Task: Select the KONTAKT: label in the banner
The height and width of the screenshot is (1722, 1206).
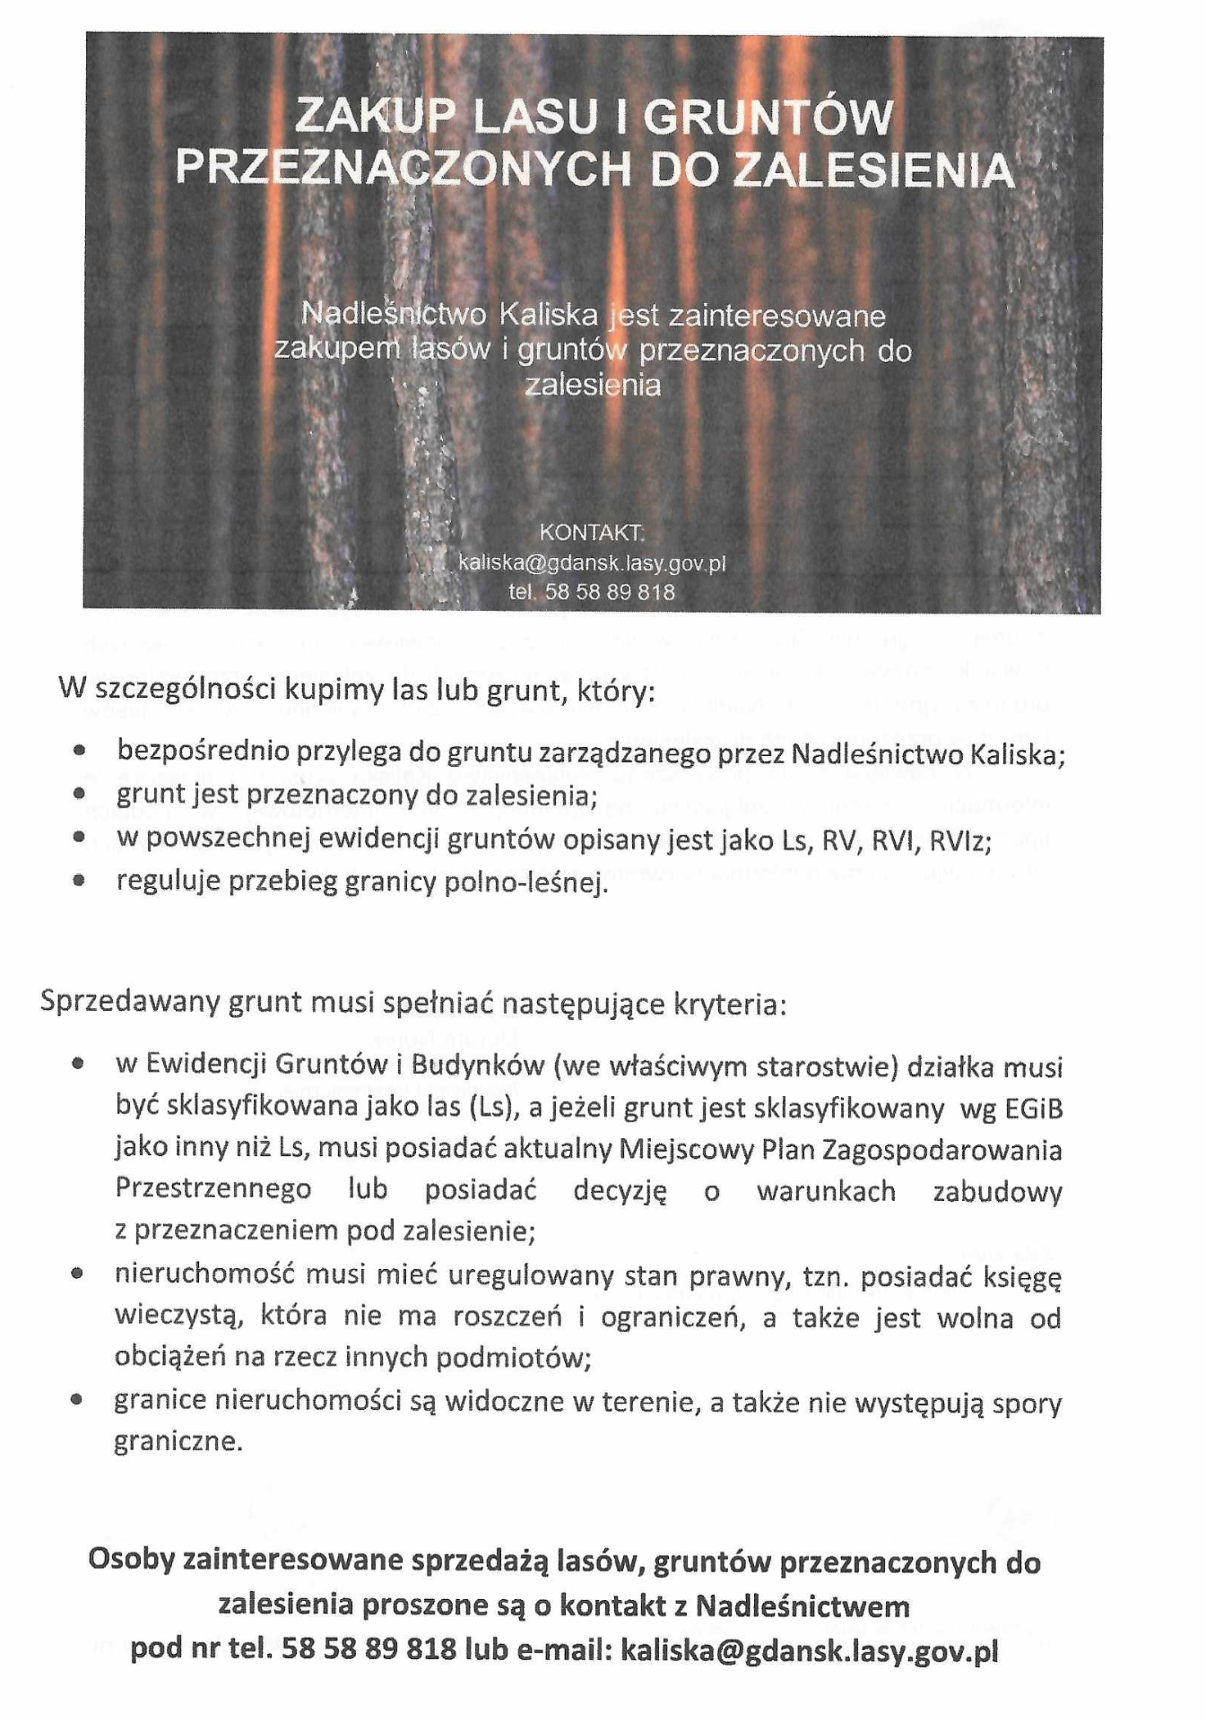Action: (x=592, y=533)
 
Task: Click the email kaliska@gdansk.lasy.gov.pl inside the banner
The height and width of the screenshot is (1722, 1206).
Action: (x=592, y=563)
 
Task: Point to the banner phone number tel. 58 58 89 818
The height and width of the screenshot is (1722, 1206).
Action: (x=592, y=592)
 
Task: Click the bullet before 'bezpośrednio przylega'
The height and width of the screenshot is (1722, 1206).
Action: (x=81, y=750)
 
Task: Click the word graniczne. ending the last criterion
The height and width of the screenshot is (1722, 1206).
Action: (x=178, y=1443)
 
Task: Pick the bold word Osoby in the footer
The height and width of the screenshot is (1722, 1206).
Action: (x=130, y=1561)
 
